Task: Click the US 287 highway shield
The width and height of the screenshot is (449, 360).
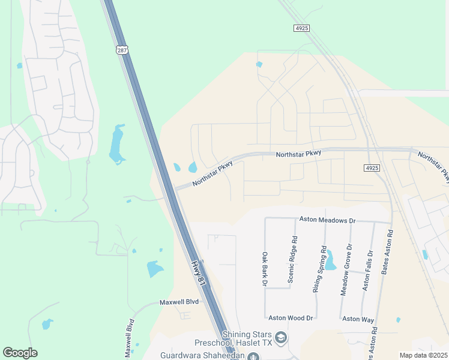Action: (x=122, y=50)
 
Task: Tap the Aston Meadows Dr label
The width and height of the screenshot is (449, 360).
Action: (x=327, y=221)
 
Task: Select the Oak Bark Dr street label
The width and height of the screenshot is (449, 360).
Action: (x=264, y=268)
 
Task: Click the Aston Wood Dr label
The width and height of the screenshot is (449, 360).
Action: (x=291, y=317)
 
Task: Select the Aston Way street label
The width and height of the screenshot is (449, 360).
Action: (x=360, y=319)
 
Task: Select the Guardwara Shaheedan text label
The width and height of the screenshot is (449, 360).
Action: (x=203, y=355)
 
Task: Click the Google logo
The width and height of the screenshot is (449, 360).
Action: (x=20, y=353)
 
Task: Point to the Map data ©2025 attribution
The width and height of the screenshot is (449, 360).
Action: (x=423, y=355)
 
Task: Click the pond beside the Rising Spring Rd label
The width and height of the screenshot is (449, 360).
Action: (x=330, y=262)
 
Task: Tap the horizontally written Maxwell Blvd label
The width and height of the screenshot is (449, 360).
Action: (x=178, y=302)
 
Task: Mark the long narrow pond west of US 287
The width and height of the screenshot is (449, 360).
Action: (x=117, y=145)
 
